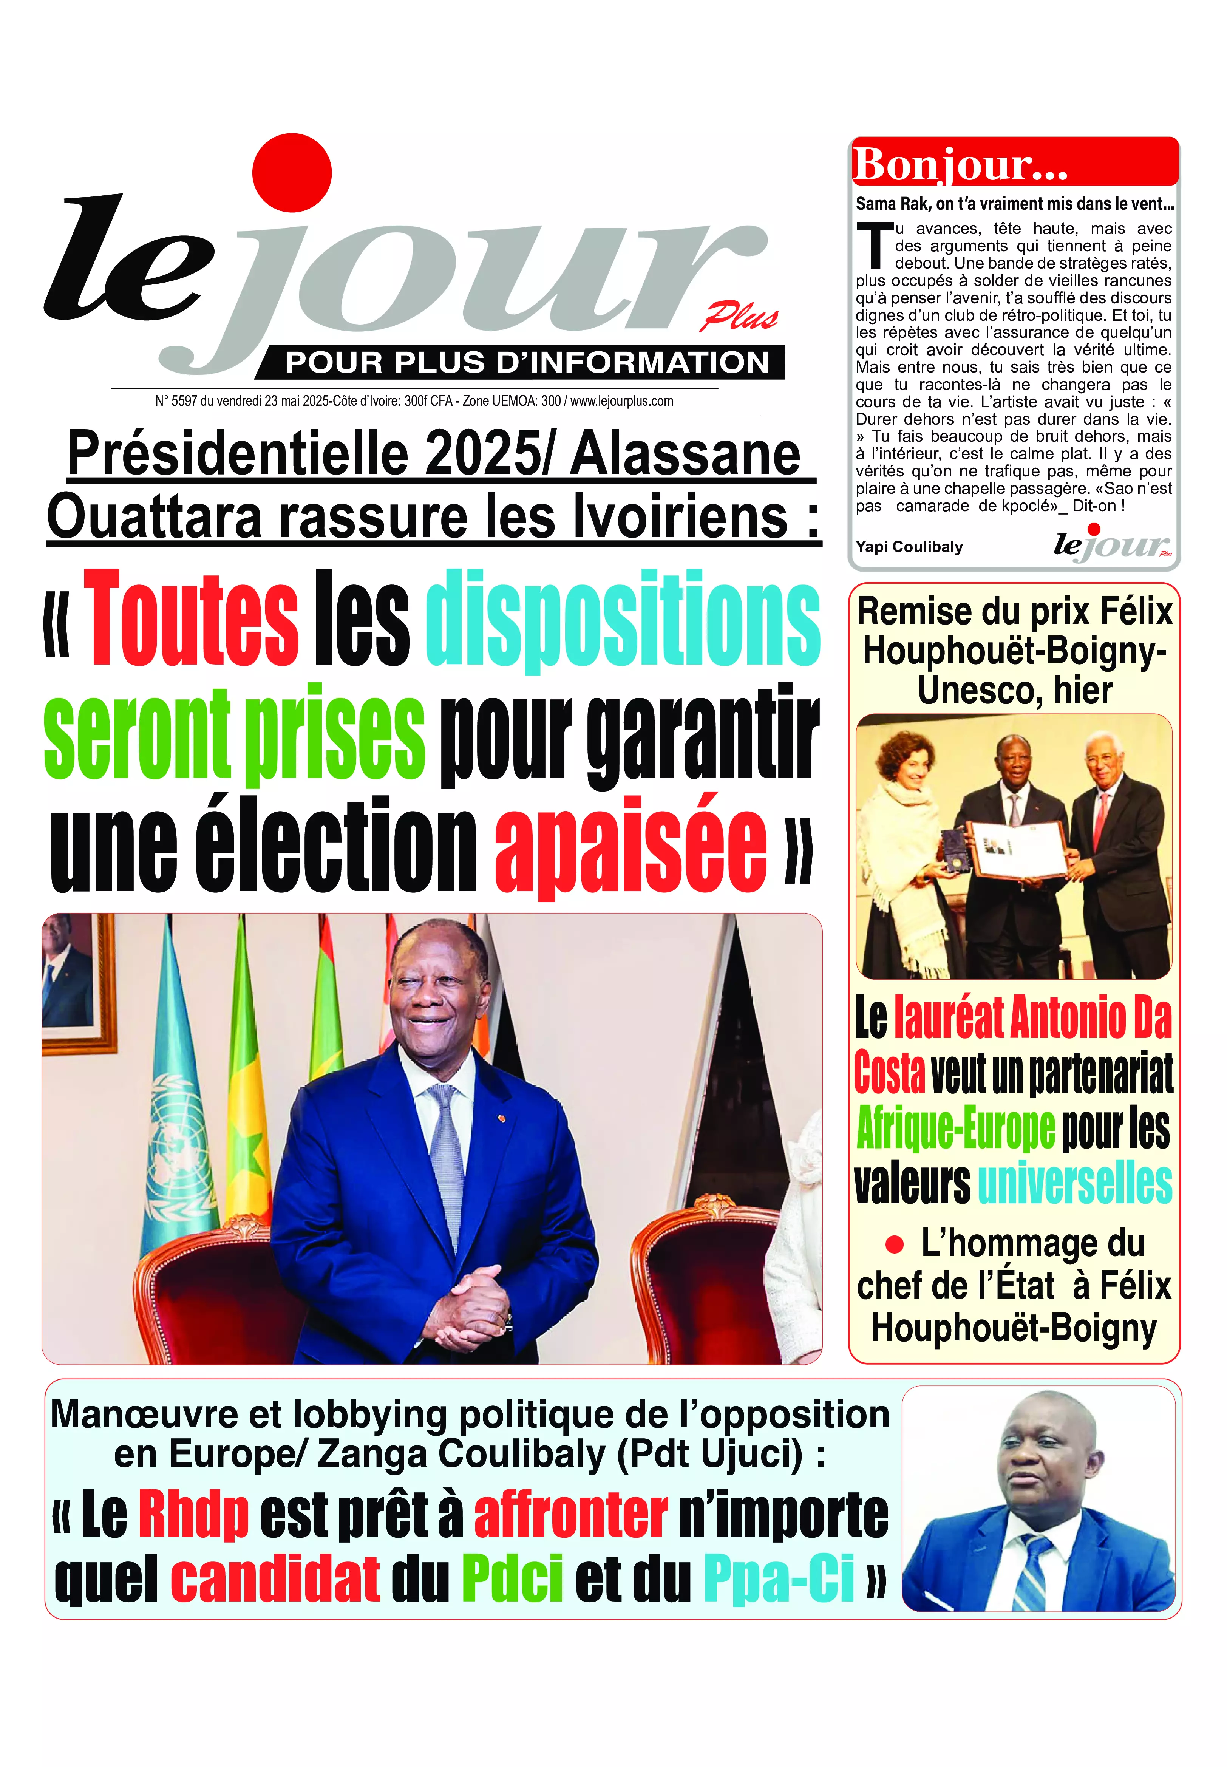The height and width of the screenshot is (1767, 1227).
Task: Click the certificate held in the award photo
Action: (x=1016, y=850)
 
